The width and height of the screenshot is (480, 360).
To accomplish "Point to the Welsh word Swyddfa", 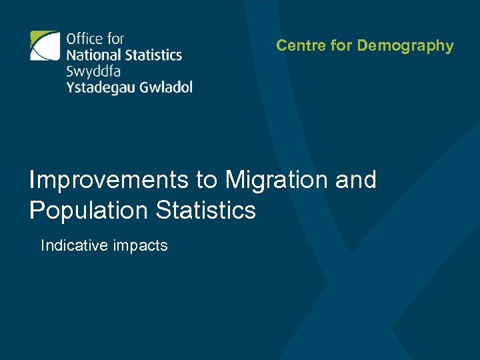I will tap(93, 71).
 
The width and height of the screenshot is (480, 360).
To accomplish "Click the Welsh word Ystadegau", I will tap(99, 87).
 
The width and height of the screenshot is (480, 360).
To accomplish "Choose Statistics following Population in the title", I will tap(205, 211).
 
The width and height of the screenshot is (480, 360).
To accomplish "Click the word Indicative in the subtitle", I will tap(74, 246).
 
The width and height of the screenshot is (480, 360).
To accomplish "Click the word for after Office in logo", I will tap(115, 39).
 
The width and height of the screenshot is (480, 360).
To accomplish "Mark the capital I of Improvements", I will tap(33, 180).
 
